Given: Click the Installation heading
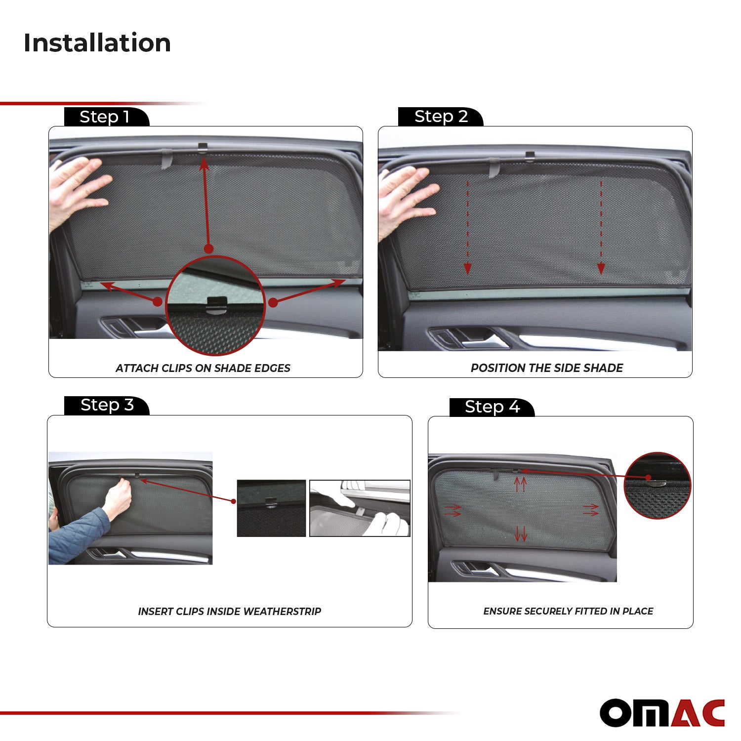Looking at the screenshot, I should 97,43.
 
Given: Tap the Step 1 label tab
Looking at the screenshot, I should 105,117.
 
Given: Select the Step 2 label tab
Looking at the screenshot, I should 441,117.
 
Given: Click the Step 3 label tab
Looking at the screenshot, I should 107,405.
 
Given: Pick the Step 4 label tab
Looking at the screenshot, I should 492,407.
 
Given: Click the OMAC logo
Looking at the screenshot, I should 662,713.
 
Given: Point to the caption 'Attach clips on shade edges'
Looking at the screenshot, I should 203,368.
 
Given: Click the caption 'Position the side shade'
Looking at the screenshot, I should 546,368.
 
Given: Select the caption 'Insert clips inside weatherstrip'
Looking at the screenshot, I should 229,612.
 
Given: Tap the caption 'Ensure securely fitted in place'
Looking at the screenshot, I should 568,612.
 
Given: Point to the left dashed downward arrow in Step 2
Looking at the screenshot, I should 467,227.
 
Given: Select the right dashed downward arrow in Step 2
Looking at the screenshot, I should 601,227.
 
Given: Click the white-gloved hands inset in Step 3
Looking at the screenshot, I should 360,508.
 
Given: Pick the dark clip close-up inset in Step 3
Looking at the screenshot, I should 271,508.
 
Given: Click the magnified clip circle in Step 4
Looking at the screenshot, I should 657,485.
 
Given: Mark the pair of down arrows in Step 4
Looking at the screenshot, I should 521,534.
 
